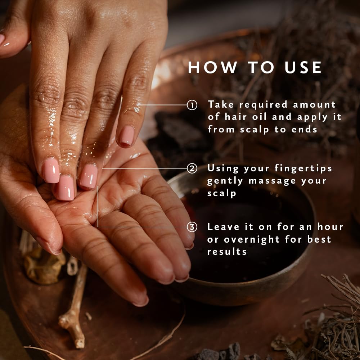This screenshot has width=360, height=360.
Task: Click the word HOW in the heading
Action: coord(213,68)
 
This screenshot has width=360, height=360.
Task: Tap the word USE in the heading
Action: coord(303,68)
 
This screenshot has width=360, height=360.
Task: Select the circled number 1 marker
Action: coord(192,105)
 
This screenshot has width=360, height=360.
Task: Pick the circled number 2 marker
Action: coord(192,168)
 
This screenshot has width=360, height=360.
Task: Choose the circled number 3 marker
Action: coord(192,227)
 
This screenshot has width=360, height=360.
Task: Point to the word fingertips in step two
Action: coord(303,168)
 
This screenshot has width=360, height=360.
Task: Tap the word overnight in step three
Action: coord(252,239)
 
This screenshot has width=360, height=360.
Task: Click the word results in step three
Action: coord(227,252)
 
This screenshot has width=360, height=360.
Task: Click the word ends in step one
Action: coord(304,130)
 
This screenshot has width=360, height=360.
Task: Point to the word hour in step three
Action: coord(330,227)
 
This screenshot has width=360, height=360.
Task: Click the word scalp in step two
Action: coord(221,194)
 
